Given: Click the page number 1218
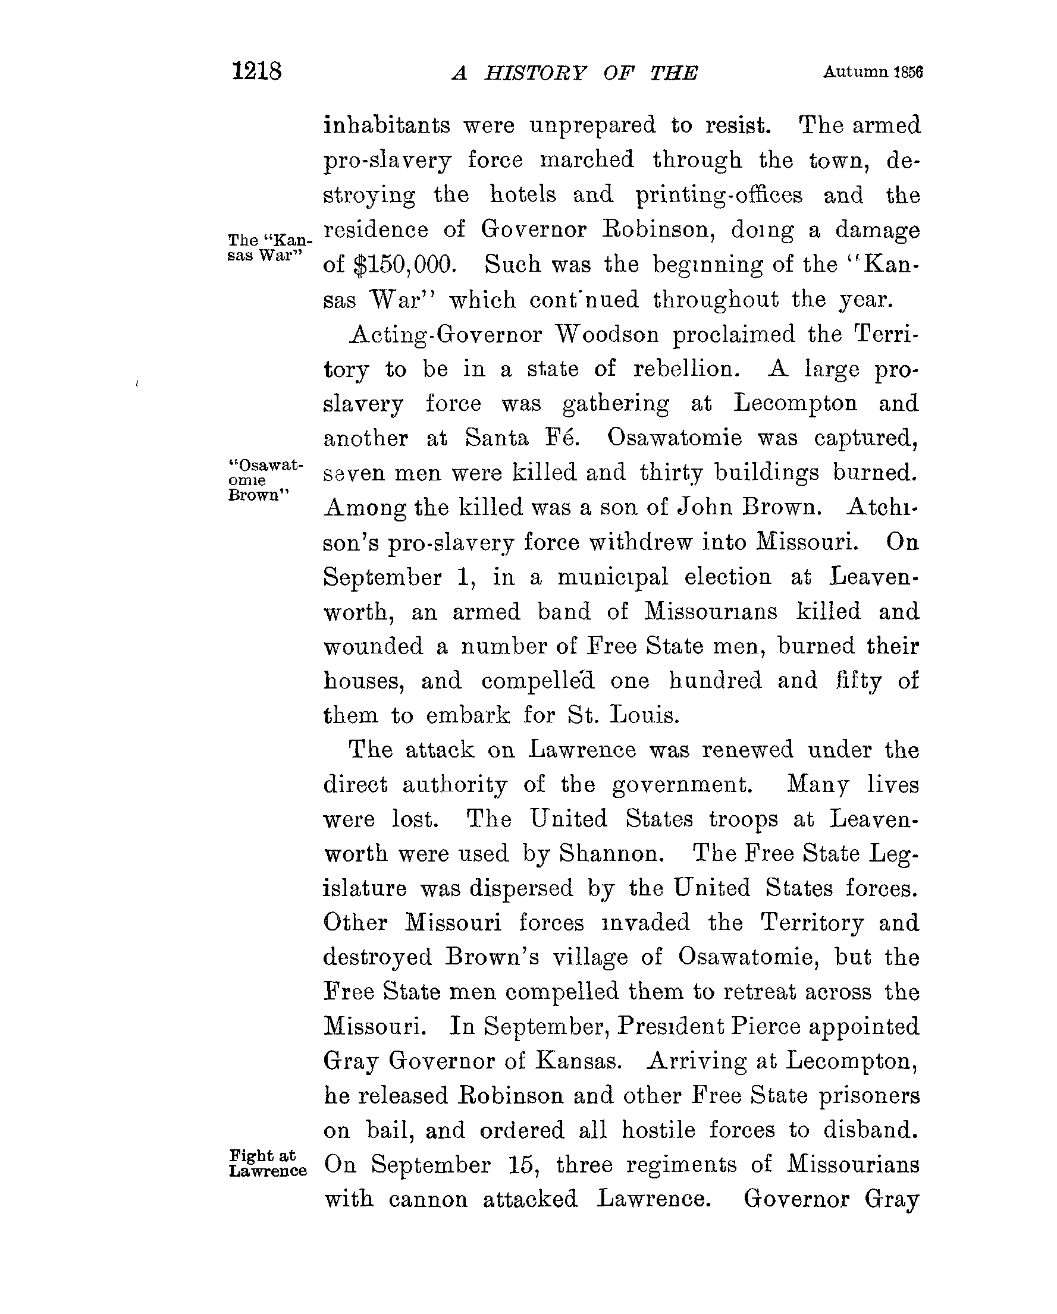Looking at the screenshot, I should coord(256,71).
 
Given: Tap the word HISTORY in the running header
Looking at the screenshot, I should coord(535,73).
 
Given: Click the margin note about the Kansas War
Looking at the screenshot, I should coord(269,247).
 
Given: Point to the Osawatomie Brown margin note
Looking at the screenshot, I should coord(265,480).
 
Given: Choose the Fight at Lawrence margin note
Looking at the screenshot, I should coord(268,1163).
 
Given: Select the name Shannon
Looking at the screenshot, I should coord(611,854).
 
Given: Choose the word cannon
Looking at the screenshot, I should coord(428,1199).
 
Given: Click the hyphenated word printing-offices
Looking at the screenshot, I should coord(719,195).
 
